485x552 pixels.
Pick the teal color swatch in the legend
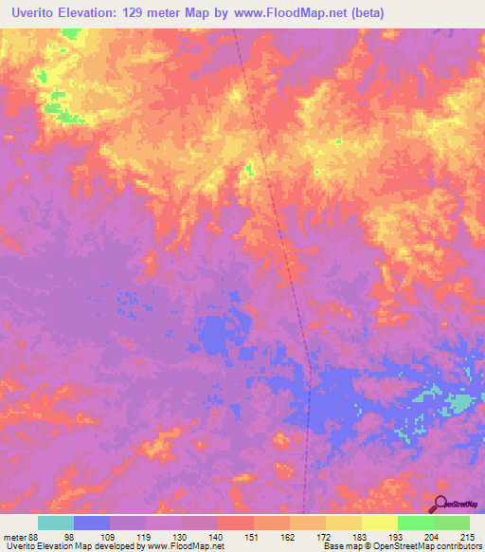pos(56,523)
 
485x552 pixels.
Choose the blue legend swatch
pos(92,523)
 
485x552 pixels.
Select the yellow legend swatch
pos(380,523)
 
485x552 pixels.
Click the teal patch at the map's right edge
pos(462,402)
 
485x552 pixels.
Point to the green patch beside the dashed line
pos(249,170)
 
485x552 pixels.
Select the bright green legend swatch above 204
pos(416,523)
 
